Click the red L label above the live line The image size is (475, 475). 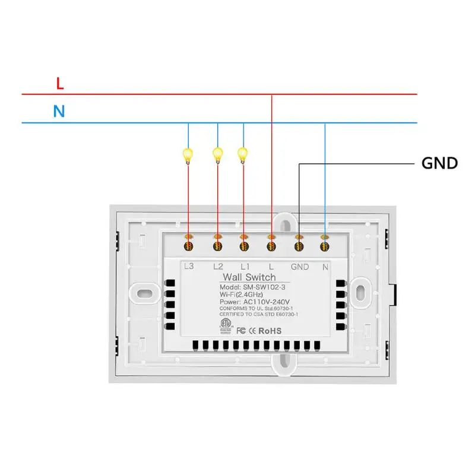60,83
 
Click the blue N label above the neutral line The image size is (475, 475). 59,111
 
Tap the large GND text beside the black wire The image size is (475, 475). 439,163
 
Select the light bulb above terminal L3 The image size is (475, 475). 188,156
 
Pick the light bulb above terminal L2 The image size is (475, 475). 217,155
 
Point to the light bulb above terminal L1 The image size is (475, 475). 243,155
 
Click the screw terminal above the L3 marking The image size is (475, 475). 188,246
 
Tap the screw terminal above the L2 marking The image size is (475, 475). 217,246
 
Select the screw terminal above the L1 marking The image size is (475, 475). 244,246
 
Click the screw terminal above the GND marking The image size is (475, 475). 299,246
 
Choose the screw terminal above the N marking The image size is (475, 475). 324,246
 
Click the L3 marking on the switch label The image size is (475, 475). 189,266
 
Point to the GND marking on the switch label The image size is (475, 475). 300,267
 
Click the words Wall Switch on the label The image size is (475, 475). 249,277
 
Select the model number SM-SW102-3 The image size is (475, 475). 264,287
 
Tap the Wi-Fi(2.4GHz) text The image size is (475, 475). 241,294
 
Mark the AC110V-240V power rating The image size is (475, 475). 266,302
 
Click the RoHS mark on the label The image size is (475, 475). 270,331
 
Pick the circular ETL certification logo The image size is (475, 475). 226,323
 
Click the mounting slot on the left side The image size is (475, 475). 145,293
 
